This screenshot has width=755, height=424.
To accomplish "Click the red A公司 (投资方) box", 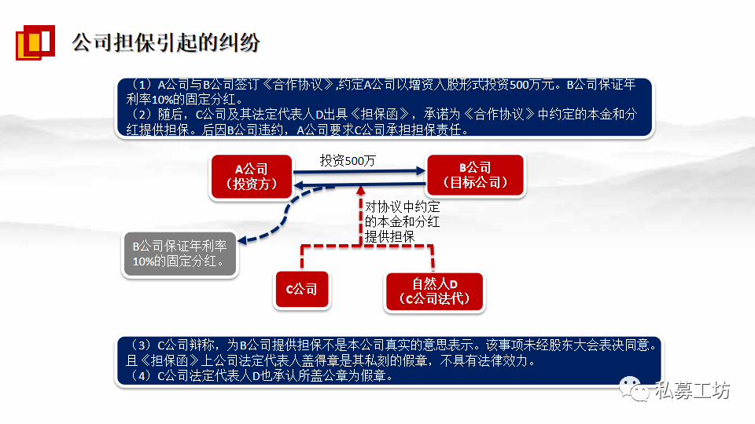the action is [251, 177].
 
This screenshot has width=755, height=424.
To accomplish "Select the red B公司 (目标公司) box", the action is [474, 176].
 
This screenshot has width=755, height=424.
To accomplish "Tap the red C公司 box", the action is [301, 290].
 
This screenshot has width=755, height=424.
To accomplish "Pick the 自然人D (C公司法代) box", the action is [433, 291].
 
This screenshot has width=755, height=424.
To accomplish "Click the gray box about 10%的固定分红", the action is [181, 254].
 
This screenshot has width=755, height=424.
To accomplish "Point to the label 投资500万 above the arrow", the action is [348, 160].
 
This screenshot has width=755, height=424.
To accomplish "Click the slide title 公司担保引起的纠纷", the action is [165, 42].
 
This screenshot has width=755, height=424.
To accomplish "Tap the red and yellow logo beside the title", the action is [35, 42].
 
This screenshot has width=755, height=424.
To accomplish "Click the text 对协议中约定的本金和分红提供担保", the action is [402, 221].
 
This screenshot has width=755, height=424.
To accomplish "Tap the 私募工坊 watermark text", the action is [693, 390].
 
